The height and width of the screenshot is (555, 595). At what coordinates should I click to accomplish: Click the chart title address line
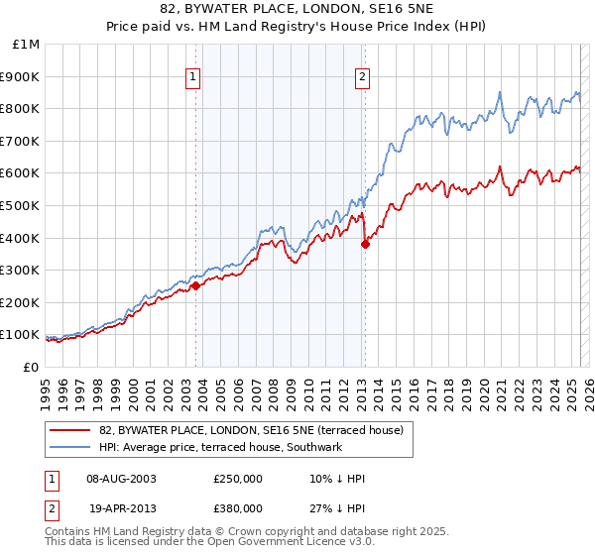click(x=297, y=10)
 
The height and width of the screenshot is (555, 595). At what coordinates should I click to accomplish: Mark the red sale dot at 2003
click(x=195, y=285)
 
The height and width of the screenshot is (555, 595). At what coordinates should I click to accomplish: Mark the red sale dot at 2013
click(x=365, y=244)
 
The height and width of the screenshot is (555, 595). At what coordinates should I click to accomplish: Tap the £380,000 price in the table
click(x=238, y=506)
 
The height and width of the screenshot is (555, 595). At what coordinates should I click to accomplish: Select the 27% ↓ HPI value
click(x=337, y=506)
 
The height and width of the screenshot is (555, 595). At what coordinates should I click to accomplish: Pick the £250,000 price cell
click(x=238, y=479)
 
